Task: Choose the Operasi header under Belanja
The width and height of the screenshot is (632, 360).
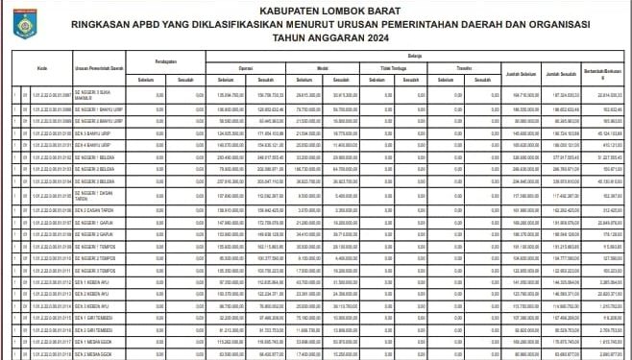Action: [x=245, y=69]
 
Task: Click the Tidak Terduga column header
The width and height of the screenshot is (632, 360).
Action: [x=389, y=69]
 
